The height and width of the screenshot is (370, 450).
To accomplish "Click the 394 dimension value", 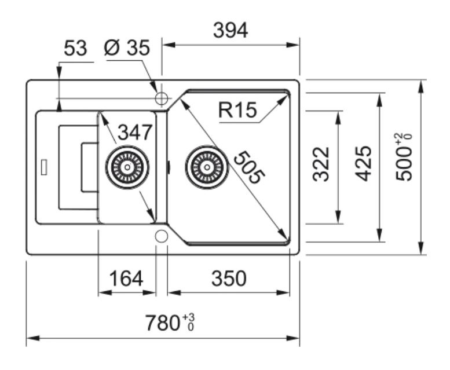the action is pos(231,31).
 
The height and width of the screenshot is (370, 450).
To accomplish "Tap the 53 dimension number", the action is pos(75,48).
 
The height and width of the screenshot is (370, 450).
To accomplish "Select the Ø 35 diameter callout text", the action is pos(127,47).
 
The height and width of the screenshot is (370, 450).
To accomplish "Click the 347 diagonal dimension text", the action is pos(135,132).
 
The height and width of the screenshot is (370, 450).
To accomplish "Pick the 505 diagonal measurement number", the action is pos(249,167).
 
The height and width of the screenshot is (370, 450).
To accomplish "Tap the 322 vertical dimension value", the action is pos(321,164).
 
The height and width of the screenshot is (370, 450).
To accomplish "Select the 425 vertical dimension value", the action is pos(363,163).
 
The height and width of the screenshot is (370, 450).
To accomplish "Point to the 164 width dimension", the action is pos(126,278).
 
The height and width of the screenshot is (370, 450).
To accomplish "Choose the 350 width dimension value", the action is pos(229,278).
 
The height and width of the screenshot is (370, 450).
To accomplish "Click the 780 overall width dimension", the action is pos(163,323).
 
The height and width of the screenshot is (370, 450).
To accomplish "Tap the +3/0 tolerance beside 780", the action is pos(189,322).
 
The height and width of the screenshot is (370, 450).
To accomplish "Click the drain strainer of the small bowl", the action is pos(127,167).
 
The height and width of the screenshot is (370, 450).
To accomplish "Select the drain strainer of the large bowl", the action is pos(207,167).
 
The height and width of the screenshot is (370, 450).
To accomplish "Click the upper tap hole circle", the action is pos(162,98).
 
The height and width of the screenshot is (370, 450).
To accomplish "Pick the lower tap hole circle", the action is pos(162,236).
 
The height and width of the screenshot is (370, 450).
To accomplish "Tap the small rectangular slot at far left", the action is pos(44,167).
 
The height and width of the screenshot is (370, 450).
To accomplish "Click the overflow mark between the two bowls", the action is pos(169,167).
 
